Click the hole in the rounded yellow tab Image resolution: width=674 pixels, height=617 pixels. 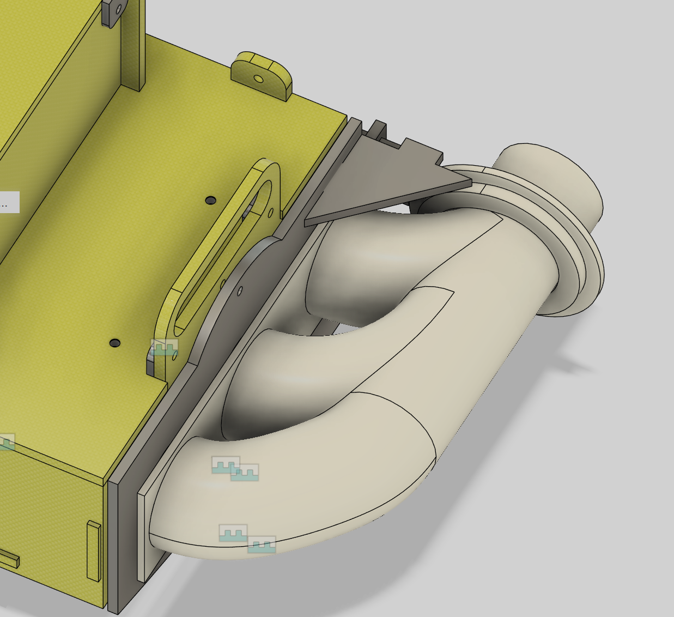259,80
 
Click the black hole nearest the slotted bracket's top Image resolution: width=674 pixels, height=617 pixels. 210,201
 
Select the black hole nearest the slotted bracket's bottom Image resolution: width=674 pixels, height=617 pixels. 114,343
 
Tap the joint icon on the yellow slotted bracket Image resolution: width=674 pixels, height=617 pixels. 164,347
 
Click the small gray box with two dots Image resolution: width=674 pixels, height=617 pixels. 9,203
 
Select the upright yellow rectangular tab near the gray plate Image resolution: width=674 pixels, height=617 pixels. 94,551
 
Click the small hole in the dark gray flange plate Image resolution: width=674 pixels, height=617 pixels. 240,292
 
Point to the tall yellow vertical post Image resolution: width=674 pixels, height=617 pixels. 132,44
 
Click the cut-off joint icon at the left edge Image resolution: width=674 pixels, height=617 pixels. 7,441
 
